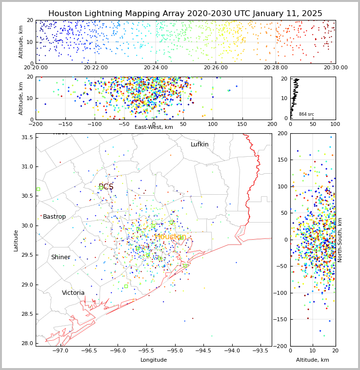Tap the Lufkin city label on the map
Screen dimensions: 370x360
click(x=200, y=144)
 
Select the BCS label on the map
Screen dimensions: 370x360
click(x=106, y=187)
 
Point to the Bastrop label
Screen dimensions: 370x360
click(x=54, y=217)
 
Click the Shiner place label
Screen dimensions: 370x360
click(x=60, y=257)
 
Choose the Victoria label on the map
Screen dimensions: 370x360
click(x=73, y=293)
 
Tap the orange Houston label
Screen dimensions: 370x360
click(x=170, y=237)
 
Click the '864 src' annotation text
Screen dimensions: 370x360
click(x=306, y=114)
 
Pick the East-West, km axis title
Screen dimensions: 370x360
click(x=154, y=127)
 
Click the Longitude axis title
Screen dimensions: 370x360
click(x=154, y=360)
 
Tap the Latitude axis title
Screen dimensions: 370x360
click(x=16, y=240)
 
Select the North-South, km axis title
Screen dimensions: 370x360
click(x=340, y=240)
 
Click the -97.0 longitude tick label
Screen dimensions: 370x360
click(x=60, y=350)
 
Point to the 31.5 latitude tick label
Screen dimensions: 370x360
click(x=27, y=137)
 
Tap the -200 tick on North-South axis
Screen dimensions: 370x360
click(x=282, y=346)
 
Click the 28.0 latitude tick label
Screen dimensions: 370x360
click(x=27, y=344)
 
